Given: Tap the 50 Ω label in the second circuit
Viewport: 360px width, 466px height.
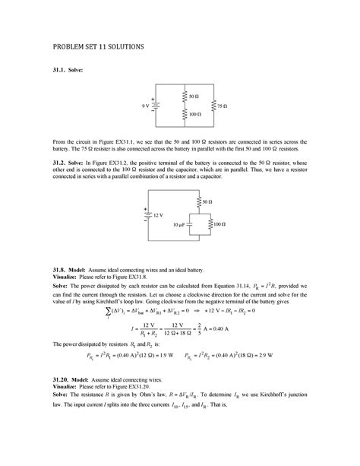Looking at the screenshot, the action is point(207,202).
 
